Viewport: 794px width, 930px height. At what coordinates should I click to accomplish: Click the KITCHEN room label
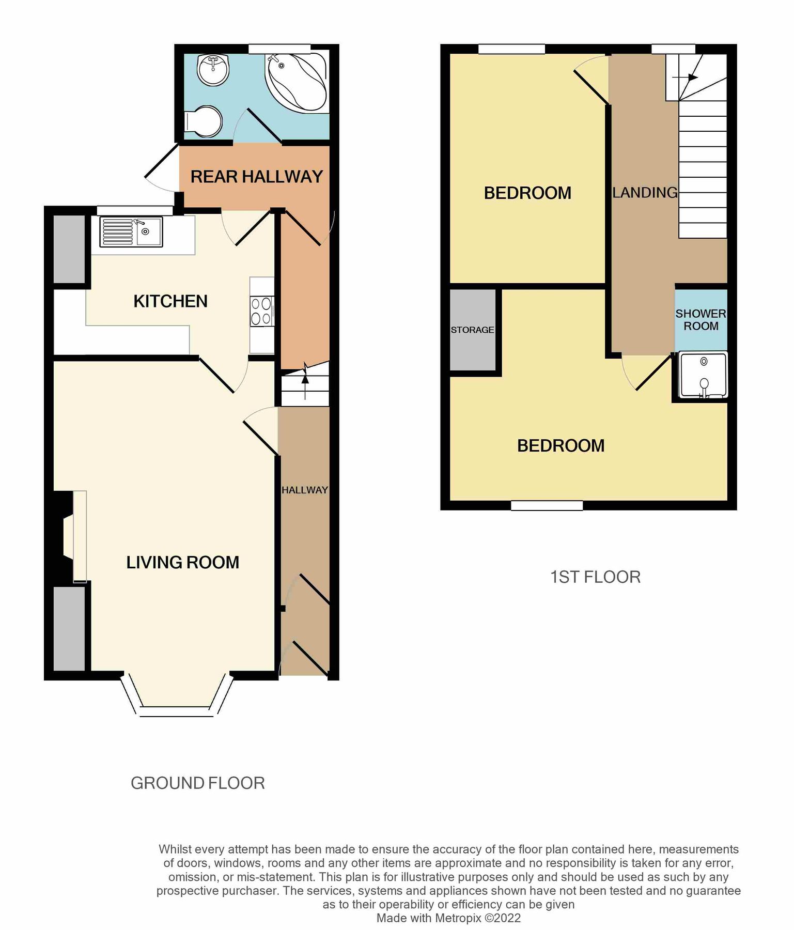click(x=170, y=301)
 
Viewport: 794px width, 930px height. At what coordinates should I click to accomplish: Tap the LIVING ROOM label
click(x=182, y=562)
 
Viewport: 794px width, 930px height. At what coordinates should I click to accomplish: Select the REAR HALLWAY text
click(x=256, y=177)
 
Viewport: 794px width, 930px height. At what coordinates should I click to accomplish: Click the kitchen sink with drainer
click(x=131, y=231)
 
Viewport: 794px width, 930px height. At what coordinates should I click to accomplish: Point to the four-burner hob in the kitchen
click(x=262, y=312)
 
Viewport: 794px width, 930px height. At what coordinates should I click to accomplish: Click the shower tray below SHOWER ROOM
click(x=703, y=375)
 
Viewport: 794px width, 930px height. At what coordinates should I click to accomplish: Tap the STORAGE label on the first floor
click(x=472, y=330)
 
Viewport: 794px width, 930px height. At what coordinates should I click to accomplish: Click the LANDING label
click(x=645, y=193)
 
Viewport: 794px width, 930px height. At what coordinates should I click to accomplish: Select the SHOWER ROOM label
click(x=700, y=320)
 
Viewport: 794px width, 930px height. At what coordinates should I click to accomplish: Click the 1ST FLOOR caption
click(x=595, y=577)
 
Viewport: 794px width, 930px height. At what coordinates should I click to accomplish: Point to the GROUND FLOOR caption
click(x=197, y=783)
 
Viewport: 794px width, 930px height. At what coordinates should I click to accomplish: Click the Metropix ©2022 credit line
click(x=448, y=918)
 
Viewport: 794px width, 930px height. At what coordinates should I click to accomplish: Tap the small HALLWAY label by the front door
click(x=305, y=490)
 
